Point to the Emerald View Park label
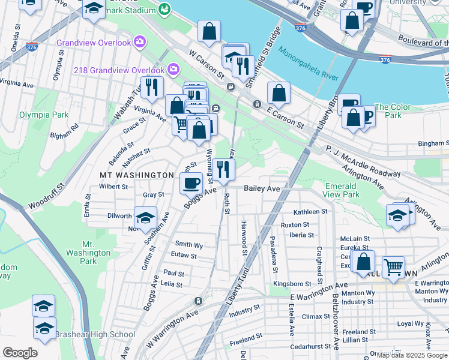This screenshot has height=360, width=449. (x=342, y=190)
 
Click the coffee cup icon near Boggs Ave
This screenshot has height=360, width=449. (x=191, y=183)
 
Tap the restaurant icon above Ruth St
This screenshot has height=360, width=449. (x=223, y=170)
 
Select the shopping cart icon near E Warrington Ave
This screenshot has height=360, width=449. (x=393, y=266)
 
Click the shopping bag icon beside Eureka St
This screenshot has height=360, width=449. (x=363, y=262)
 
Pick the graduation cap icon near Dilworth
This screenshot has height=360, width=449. (x=145, y=218)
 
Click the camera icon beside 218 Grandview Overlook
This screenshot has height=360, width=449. (x=173, y=70)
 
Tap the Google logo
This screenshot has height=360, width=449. (x=20, y=353)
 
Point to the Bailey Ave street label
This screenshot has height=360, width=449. (x=262, y=188)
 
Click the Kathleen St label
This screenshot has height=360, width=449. (x=310, y=212)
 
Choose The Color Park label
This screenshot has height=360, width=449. (x=393, y=111)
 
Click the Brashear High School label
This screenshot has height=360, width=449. (x=86, y=334)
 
